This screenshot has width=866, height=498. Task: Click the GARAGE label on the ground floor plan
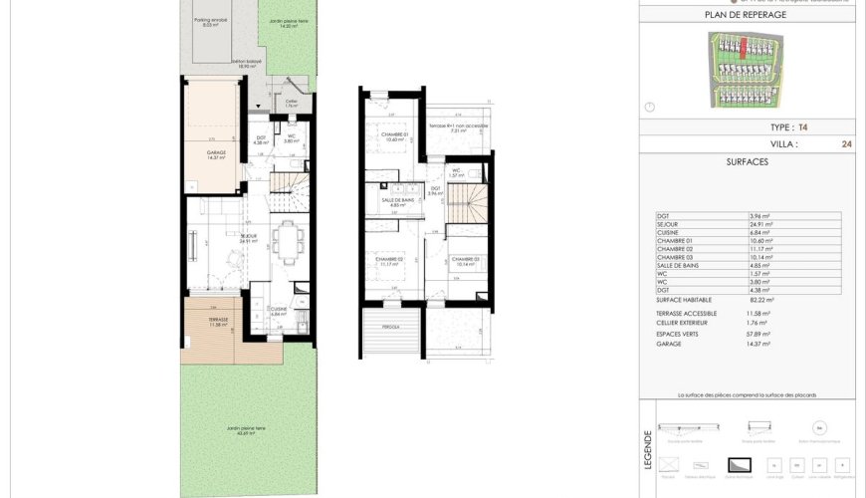(x=216, y=154)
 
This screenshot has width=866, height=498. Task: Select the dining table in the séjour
(x=289, y=241)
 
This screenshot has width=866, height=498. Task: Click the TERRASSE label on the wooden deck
(x=218, y=322)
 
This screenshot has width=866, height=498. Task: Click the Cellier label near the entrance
(x=292, y=102)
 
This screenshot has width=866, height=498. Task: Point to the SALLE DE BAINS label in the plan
(x=397, y=201)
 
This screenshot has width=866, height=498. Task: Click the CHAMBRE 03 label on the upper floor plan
(x=466, y=262)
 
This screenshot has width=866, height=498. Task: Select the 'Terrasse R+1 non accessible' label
(x=458, y=127)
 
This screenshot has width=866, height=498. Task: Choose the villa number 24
(x=846, y=143)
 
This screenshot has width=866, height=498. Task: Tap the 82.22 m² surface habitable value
(x=761, y=299)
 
